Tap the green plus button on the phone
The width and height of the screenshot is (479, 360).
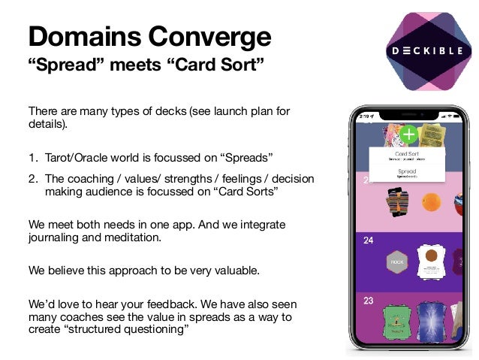(408, 135)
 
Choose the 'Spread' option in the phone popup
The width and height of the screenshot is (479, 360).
(406, 172)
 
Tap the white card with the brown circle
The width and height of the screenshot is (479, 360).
(432, 260)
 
